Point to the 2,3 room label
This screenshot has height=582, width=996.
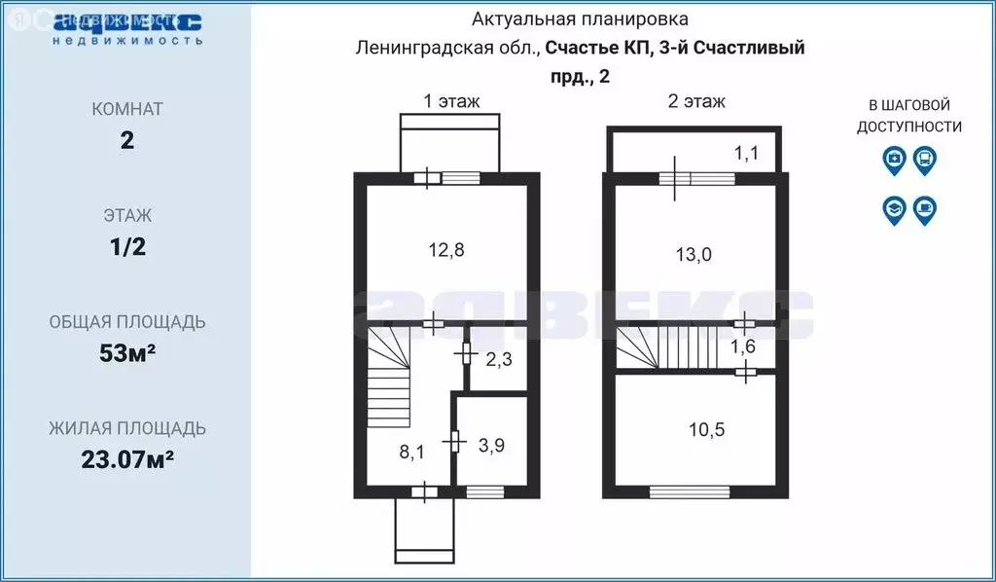pyautogui.click(x=499, y=359)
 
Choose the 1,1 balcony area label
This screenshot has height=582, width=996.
pyautogui.click(x=745, y=152)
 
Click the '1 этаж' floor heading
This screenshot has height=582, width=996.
pyautogui.click(x=451, y=100)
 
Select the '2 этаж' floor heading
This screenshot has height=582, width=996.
pyautogui.click(x=696, y=100)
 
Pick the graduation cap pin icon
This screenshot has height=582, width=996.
pyautogui.click(x=894, y=209)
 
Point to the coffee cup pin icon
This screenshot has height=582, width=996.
pyautogui.click(x=924, y=209)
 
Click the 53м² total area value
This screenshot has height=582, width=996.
pyautogui.click(x=127, y=353)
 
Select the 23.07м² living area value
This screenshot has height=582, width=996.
pyautogui.click(x=127, y=458)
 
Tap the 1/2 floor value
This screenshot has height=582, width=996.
pyautogui.click(x=127, y=246)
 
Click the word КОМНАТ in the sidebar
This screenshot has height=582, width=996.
pyautogui.click(x=127, y=109)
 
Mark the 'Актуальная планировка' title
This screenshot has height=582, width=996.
pyautogui.click(x=581, y=18)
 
